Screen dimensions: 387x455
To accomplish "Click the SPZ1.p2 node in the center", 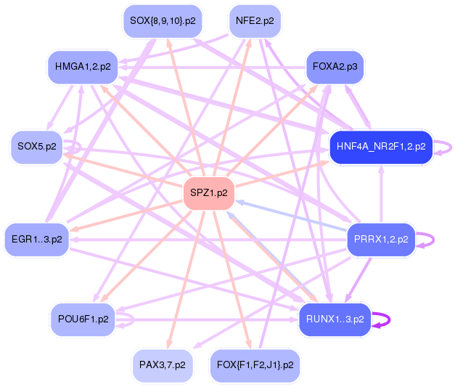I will point(208,193).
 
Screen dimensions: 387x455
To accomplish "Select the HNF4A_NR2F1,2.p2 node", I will point(381,147).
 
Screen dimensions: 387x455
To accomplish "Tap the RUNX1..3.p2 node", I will point(335,319).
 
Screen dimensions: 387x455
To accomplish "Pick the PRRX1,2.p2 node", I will point(380,239).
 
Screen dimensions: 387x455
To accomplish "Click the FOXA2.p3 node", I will point(335,67).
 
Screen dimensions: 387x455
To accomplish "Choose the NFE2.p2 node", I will point(255,21).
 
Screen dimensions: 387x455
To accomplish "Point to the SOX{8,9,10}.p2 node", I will point(163,21).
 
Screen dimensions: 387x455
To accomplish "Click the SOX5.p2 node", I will point(36,147).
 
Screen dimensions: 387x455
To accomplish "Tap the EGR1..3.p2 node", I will point(36,239).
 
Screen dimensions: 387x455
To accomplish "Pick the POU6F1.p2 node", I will point(83,319).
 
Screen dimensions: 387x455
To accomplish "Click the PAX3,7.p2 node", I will point(163,364).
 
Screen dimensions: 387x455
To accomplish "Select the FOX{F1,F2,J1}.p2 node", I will point(255,364).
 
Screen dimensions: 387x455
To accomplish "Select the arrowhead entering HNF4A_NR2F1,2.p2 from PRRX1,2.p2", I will point(381,170).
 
